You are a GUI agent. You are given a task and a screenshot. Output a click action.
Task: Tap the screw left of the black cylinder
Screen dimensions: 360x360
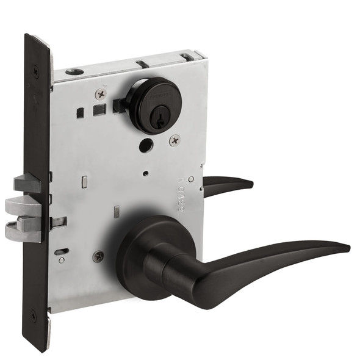click(101, 94)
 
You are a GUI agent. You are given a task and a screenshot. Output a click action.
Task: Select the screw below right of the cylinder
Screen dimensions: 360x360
click(175, 140)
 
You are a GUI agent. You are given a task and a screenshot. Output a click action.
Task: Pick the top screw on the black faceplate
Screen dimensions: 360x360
click(36, 71)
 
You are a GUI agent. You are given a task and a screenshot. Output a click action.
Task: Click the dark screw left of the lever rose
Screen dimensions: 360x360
click(98, 257)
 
